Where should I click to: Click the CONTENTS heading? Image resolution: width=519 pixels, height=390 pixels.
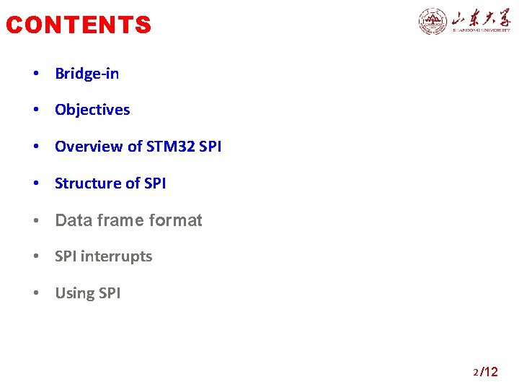tap(79, 25)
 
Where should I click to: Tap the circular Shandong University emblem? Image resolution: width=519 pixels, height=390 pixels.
tap(432, 21)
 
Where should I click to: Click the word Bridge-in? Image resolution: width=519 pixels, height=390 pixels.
tap(87, 74)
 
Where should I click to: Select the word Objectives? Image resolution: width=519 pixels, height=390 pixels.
tap(92, 110)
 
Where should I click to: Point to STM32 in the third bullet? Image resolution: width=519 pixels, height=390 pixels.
tap(170, 147)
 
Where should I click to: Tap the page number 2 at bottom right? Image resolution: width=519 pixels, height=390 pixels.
tap(476, 373)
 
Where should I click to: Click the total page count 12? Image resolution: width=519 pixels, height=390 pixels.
tap(490, 372)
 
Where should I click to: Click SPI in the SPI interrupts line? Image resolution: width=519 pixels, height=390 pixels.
tap(66, 256)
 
